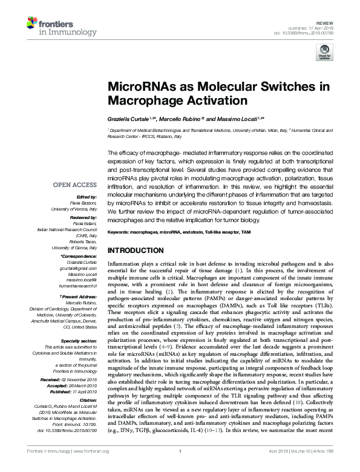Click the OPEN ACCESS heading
click(74, 185)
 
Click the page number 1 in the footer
click(180, 468)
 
